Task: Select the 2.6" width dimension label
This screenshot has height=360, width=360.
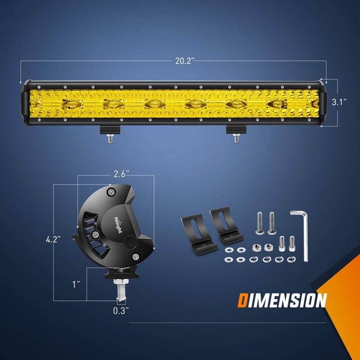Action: click(x=121, y=173)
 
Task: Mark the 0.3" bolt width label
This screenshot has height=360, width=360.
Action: click(x=121, y=310)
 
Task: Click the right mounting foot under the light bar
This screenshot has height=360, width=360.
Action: click(x=235, y=131)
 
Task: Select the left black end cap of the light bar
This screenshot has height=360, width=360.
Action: click(x=27, y=103)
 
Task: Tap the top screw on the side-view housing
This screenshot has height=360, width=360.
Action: click(x=111, y=193)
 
